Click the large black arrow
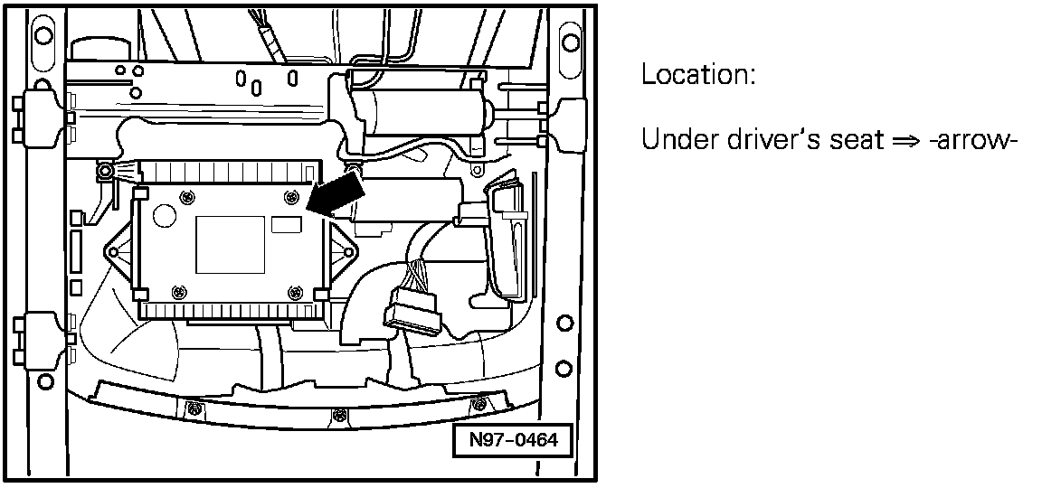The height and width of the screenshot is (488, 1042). (337, 196)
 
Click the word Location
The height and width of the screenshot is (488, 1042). (697, 75)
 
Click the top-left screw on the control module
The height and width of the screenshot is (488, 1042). (185, 197)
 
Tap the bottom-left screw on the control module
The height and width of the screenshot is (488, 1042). (178, 291)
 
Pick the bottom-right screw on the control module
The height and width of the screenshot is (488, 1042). (292, 291)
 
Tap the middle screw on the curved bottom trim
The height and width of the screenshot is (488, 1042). (339, 416)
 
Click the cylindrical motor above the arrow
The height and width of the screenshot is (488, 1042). (421, 114)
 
